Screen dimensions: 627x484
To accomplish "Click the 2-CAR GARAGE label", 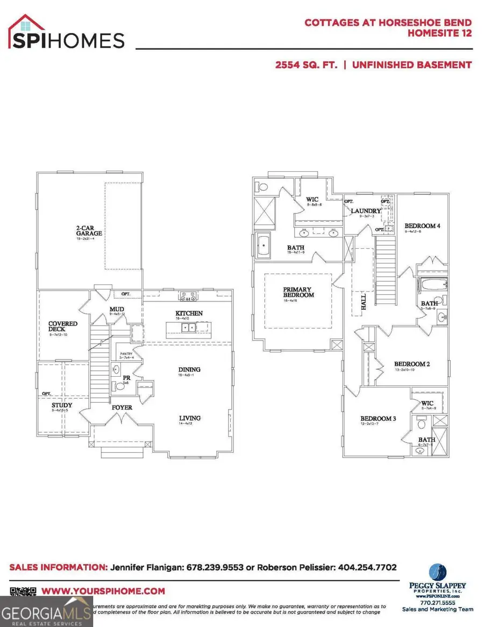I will pyautogui.click(x=89, y=230).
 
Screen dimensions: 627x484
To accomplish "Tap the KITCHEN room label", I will pyautogui.click(x=189, y=313).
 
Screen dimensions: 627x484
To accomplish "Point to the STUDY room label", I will pyautogui.click(x=62, y=405).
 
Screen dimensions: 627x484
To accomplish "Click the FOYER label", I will pyautogui.click(x=122, y=407).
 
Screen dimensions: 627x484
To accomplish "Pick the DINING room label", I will pyautogui.click(x=189, y=370).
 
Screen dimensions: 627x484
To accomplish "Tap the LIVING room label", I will pyautogui.click(x=190, y=418).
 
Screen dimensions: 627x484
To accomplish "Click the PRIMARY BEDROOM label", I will pyautogui.click(x=298, y=292).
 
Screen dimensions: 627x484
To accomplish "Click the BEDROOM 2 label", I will pyautogui.click(x=412, y=364).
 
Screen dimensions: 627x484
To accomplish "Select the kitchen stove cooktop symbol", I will pyautogui.click(x=189, y=295).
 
